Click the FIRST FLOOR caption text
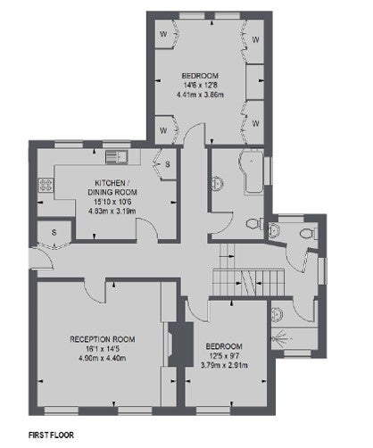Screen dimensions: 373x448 coord(51,435)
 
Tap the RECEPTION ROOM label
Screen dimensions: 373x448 coord(103,339)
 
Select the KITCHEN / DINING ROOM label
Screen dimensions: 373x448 coord(112,187)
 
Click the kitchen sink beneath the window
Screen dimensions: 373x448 coord(117,157)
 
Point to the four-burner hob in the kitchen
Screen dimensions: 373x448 coord(46,185)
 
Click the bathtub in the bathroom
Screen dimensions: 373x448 coord(252,172)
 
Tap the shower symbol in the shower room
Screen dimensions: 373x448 coord(280,338)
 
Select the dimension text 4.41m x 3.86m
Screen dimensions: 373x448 coord(200,95)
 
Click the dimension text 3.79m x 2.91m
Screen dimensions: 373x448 coord(224,365)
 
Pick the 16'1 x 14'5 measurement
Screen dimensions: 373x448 coord(103,349)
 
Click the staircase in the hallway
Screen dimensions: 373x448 coord(249,283)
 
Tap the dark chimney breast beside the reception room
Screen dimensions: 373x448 coord(181,344)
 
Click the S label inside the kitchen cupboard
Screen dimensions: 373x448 coord(168,164)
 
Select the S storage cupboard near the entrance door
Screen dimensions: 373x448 coord(54,232)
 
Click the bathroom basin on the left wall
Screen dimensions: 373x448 coord(217,184)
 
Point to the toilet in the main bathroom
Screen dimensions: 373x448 coord(254,223)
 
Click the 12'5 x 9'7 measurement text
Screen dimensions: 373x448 coord(224,356)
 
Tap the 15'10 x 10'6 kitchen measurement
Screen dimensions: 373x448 coord(112,202)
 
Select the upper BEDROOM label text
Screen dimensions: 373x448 coord(200,76)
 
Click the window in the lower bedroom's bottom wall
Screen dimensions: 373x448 coord(213,411)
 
